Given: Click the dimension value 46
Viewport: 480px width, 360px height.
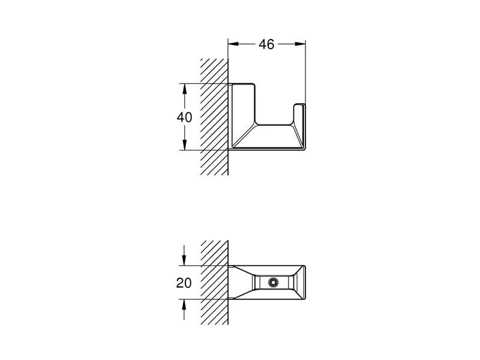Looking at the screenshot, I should point(267,44).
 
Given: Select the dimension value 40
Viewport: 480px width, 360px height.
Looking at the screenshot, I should point(184,118).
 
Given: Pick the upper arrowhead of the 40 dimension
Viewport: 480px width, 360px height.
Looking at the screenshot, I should point(185,88).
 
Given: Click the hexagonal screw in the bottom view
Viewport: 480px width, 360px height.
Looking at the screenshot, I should point(274,283).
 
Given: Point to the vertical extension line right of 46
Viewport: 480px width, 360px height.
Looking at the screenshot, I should point(306,72).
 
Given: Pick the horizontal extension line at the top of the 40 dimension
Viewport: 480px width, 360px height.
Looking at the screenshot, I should point(204,83).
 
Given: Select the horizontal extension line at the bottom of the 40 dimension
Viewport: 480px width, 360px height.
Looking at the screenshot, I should point(204,150).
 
